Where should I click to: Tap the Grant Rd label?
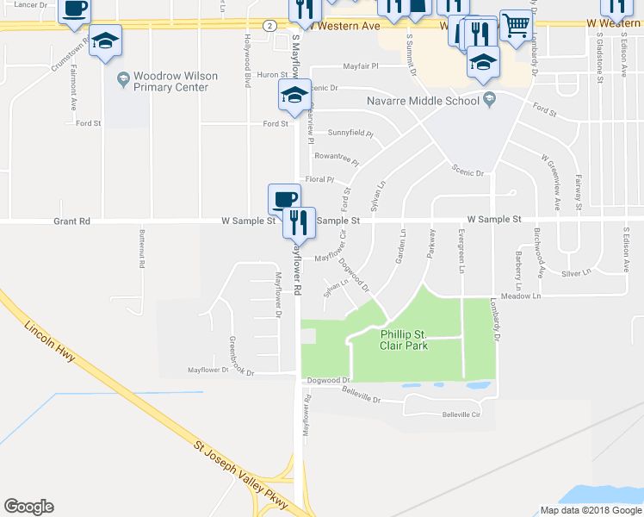pos(71,221)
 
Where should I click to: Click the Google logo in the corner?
pos(28,506)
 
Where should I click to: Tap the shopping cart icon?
pos(515,26)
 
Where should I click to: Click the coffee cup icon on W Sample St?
pos(284,199)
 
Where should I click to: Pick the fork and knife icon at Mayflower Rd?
pos(299,222)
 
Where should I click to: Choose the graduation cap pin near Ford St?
pos(294,96)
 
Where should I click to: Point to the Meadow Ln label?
pos(523,296)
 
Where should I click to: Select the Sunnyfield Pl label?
pos(350,134)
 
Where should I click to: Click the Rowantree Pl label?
pos(336,158)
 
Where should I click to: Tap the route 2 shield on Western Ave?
pos(269,26)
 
